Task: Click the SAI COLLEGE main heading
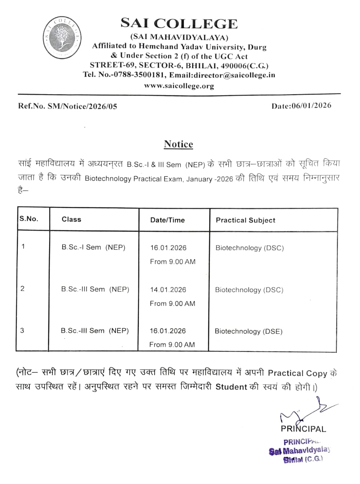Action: (x=179, y=23)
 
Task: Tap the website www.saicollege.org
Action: (x=179, y=86)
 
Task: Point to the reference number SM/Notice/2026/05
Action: (x=82, y=106)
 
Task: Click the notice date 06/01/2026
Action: (x=311, y=105)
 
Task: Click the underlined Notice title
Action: (x=178, y=144)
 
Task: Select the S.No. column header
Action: (x=29, y=219)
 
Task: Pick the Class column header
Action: (x=71, y=219)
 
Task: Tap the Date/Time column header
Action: (x=167, y=220)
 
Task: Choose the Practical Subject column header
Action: (x=246, y=220)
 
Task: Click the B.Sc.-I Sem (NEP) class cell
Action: (x=93, y=247)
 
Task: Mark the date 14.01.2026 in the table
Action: (x=168, y=290)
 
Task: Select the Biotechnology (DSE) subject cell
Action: (x=249, y=331)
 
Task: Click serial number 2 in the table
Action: (x=23, y=289)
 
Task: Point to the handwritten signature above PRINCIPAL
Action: (x=302, y=410)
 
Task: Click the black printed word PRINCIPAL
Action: (x=303, y=429)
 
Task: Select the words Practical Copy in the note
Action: (x=297, y=373)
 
